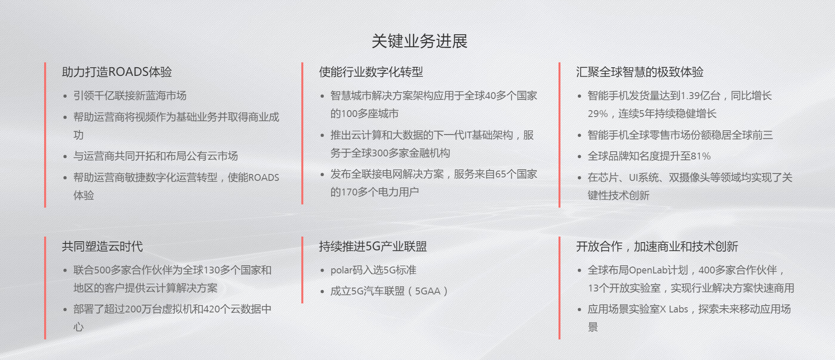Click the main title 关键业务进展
click(x=419, y=41)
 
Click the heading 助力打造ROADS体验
click(x=117, y=72)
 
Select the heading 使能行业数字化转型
click(x=371, y=72)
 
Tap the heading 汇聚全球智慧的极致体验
click(x=640, y=72)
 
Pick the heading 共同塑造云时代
click(x=102, y=246)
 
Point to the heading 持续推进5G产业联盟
click(x=373, y=246)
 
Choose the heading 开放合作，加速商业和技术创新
click(x=657, y=246)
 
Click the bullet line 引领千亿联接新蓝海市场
click(x=130, y=96)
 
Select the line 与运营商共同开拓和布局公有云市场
click(x=156, y=156)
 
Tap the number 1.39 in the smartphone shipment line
click(x=691, y=96)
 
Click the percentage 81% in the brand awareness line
click(x=700, y=156)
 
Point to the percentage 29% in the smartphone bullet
click(x=598, y=114)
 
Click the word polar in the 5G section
click(x=341, y=270)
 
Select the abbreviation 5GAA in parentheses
click(x=427, y=291)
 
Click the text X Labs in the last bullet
click(x=674, y=309)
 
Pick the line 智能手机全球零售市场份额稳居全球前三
click(x=680, y=135)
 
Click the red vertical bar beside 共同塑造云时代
click(x=45, y=288)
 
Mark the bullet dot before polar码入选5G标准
click(x=322, y=271)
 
